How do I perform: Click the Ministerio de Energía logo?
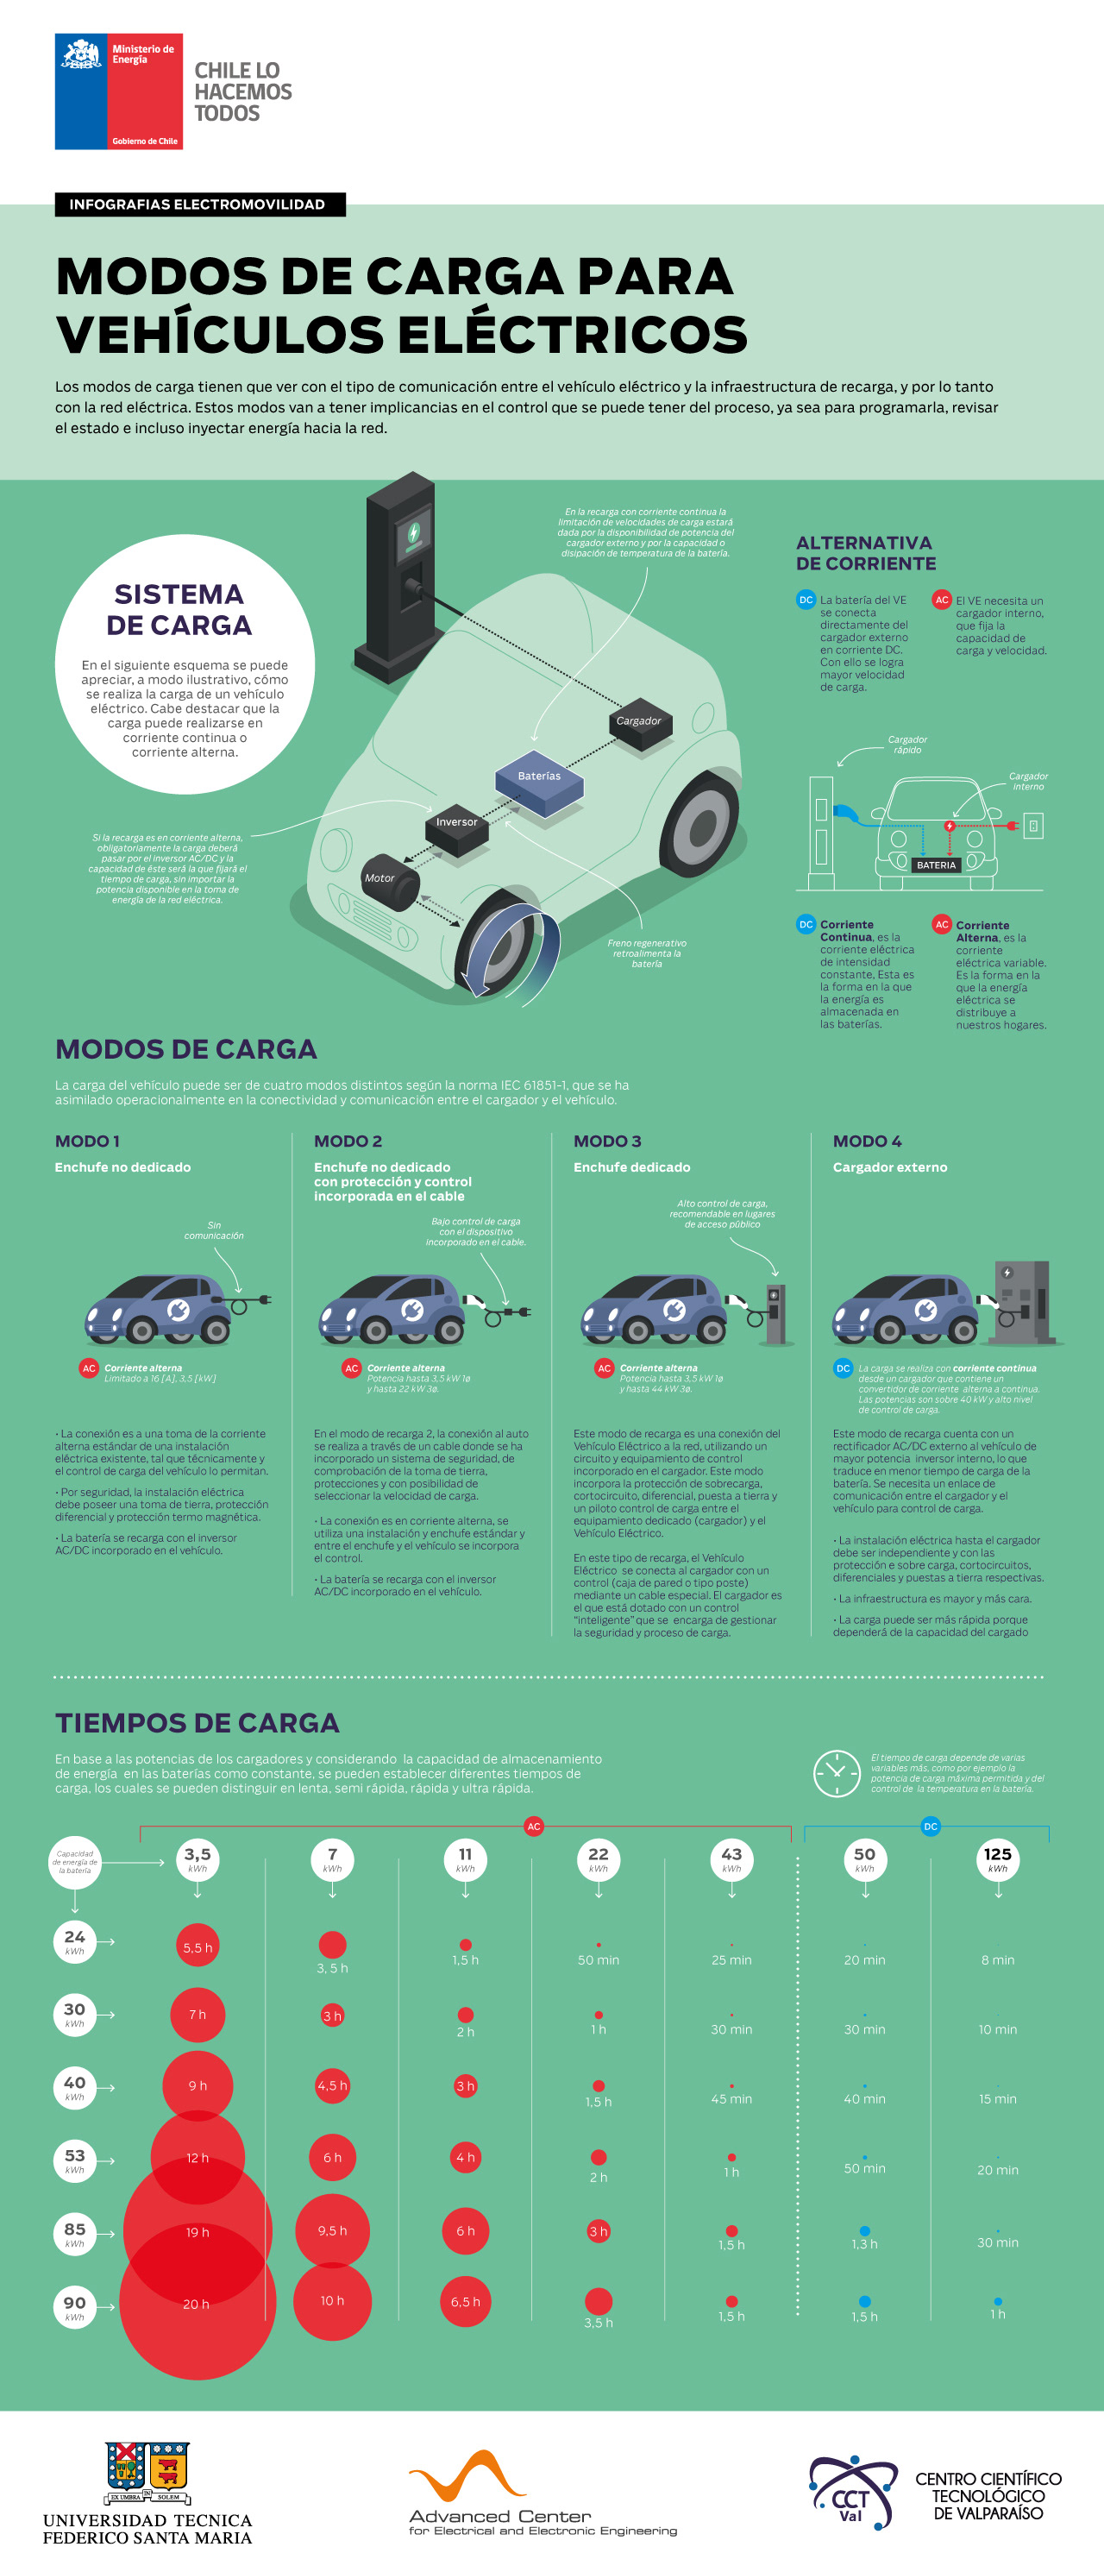pos(118,91)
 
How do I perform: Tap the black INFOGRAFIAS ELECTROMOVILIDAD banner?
pos(199,204)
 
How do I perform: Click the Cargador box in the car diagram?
pos(639,722)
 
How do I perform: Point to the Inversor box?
pos(456,825)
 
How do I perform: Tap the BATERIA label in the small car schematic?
pos(935,865)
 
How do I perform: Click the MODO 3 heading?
pos(607,1141)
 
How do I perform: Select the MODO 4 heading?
pos(867,1141)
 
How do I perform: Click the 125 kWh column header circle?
pos(997,1859)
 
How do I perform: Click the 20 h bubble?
pos(197,2304)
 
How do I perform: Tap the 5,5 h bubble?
pos(198,1947)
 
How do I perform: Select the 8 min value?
pos(997,1960)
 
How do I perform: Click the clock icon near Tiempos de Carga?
pos(836,1773)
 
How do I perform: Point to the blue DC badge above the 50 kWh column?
pos(931,1827)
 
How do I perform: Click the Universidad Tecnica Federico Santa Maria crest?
pos(147,2470)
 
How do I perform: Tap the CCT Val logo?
pos(850,2493)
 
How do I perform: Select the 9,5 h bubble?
pos(332,2230)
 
